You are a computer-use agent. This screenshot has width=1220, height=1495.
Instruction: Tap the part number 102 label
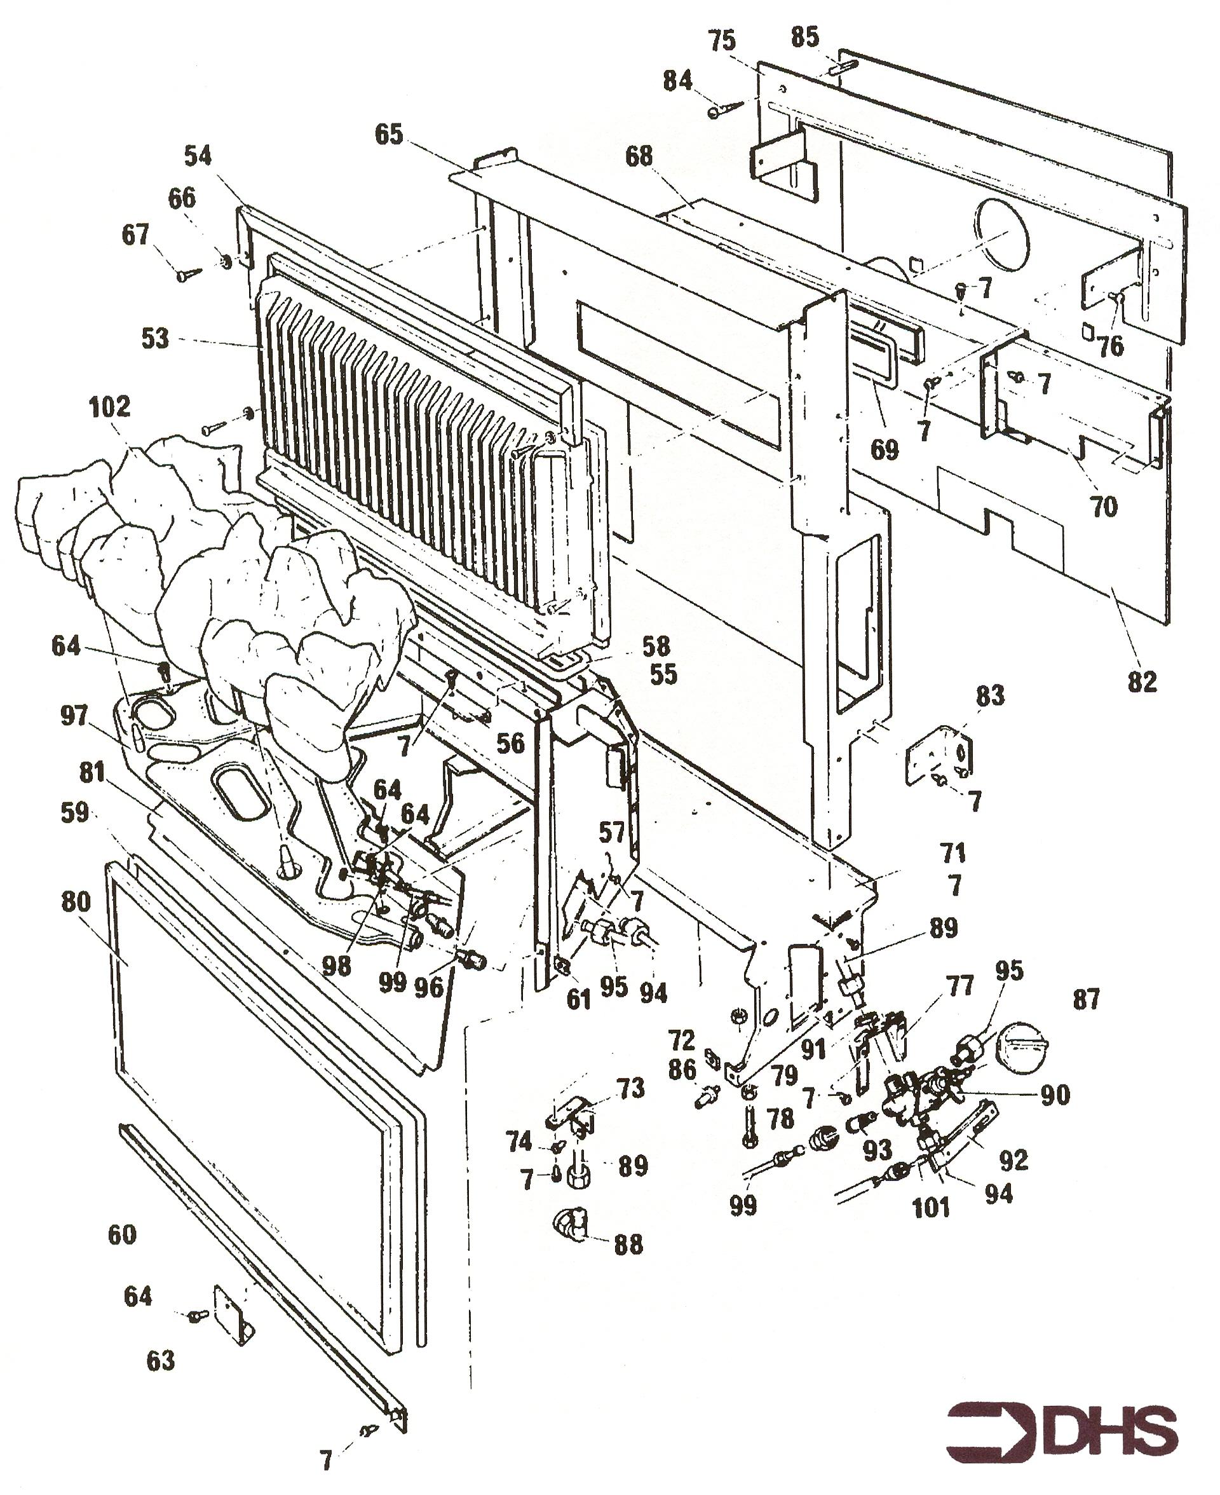point(111,407)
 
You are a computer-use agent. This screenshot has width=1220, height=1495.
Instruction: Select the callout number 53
point(155,338)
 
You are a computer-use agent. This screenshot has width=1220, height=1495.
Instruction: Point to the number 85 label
point(804,38)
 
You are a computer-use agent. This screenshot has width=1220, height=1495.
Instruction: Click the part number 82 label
point(1141,681)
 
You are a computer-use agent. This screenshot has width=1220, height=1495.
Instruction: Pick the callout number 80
point(76,901)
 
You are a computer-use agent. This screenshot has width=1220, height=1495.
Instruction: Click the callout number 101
point(930,1208)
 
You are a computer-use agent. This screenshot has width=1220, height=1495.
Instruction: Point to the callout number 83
point(990,696)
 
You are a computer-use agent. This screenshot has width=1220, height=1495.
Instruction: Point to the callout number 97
point(74,716)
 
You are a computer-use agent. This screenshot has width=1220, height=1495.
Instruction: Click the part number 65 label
point(390,134)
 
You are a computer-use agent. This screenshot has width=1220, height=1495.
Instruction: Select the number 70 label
point(1103,506)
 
